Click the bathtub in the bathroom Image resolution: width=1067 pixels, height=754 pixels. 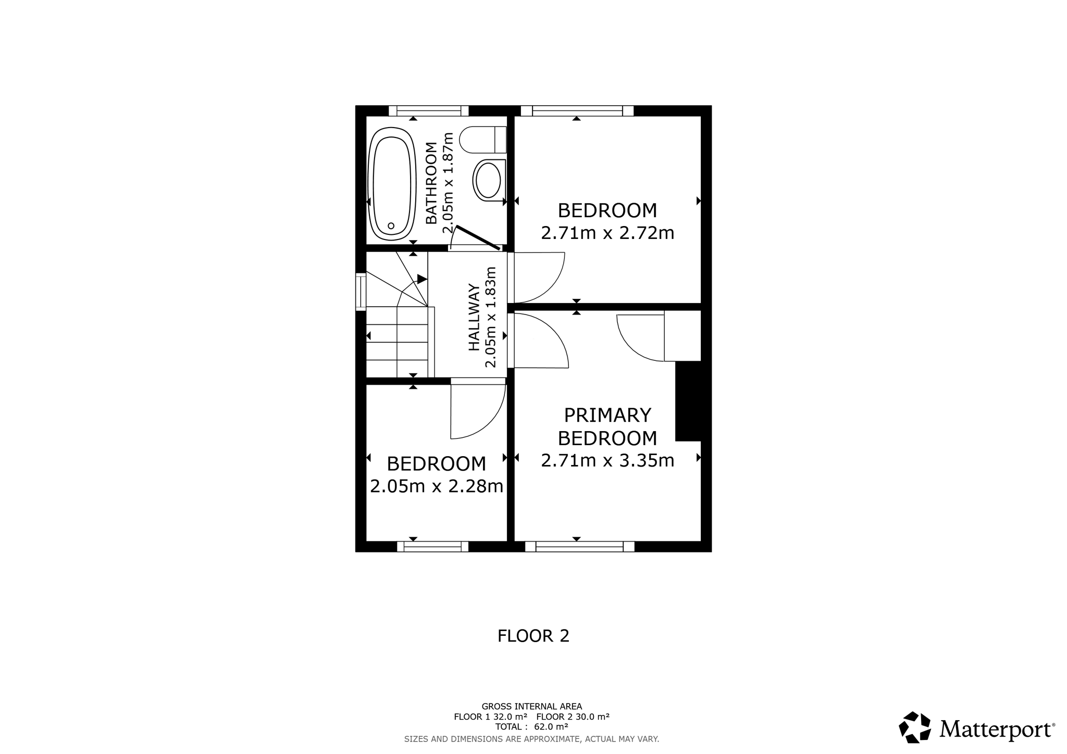click(x=392, y=184)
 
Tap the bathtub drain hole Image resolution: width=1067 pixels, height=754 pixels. click(x=391, y=226)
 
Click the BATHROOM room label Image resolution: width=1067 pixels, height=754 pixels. click(x=431, y=183)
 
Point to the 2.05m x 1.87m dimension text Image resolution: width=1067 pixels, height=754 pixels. click(x=448, y=183)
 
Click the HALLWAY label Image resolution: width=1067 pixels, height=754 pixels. click(x=474, y=317)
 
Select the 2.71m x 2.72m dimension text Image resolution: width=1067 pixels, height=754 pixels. click(x=607, y=233)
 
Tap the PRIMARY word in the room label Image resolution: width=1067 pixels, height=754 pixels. click(x=607, y=415)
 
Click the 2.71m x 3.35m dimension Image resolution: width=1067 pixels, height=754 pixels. click(x=607, y=460)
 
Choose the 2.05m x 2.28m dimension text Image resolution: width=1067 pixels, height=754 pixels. click(x=437, y=486)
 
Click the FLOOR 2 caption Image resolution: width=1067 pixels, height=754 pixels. click(x=533, y=636)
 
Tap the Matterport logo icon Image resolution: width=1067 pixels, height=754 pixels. click(x=915, y=727)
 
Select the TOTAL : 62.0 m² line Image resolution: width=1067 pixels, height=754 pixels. click(x=531, y=727)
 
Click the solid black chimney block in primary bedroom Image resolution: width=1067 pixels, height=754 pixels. click(x=688, y=401)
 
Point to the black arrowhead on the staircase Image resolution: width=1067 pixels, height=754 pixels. click(x=422, y=279)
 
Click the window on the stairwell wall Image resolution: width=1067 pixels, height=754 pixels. click(x=361, y=292)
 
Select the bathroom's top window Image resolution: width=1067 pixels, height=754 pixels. click(x=428, y=110)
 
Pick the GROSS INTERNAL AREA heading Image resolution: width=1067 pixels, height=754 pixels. click(x=531, y=707)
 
